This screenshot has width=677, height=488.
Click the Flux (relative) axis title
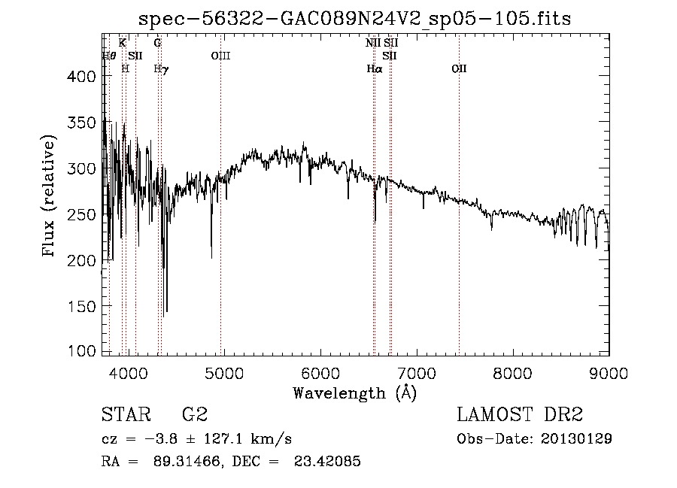[x=50, y=198]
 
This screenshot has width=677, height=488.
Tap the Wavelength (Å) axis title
[x=354, y=393]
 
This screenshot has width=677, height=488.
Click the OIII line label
[x=220, y=56]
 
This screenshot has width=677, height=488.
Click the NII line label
[x=373, y=43]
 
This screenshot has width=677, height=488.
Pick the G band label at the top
[x=157, y=43]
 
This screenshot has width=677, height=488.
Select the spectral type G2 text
[x=194, y=415]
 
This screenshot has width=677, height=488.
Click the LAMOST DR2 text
[x=520, y=415]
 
